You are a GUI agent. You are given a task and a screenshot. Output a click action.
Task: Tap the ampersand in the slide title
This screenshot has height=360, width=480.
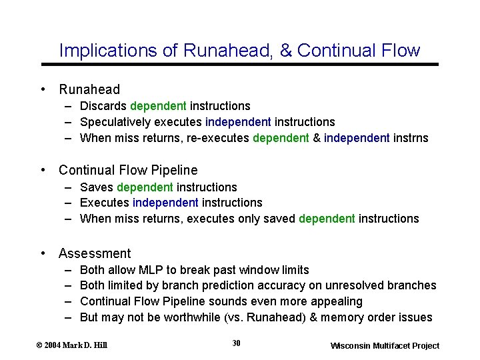286,51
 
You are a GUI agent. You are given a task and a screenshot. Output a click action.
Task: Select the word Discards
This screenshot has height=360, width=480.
103,106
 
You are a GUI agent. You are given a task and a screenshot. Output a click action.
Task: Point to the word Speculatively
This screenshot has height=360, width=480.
115,122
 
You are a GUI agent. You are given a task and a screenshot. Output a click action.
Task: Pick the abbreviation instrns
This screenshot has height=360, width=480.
411,138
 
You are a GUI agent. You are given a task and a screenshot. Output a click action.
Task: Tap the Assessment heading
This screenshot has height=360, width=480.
95,253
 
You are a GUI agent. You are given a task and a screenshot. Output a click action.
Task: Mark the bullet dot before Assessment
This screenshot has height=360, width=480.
43,253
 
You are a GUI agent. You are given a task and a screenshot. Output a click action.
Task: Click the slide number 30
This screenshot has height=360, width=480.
236,343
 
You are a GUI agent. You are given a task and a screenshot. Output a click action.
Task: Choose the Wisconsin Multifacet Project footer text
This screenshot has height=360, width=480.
385,345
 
